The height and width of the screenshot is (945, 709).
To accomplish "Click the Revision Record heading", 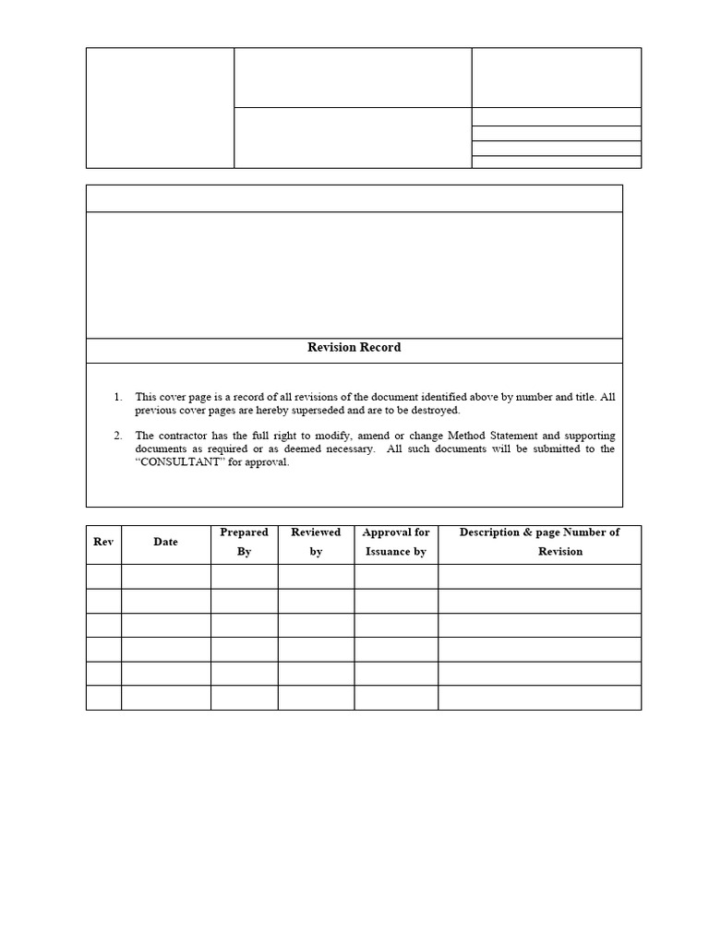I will (x=354, y=348).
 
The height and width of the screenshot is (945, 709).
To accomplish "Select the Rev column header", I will (x=103, y=542).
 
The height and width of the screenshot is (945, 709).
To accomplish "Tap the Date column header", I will (x=165, y=542).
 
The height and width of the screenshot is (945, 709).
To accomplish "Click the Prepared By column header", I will (x=244, y=542).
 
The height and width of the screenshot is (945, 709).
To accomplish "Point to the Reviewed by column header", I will (x=316, y=542).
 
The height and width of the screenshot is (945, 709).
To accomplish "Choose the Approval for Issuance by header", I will (x=395, y=542).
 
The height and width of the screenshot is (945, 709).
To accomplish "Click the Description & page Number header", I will (x=539, y=542).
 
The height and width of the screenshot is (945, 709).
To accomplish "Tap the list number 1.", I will (x=117, y=397).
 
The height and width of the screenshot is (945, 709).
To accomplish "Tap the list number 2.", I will (x=117, y=436).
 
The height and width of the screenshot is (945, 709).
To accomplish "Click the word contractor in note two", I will (x=185, y=436).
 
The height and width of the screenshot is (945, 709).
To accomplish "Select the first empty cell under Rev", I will (x=103, y=577).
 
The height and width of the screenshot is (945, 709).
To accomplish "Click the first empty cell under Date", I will (x=165, y=577).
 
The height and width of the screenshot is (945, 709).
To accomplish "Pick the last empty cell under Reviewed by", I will (x=316, y=698).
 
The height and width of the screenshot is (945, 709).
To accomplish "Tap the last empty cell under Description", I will (x=539, y=698).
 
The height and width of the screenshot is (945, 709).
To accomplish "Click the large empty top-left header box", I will (x=160, y=108).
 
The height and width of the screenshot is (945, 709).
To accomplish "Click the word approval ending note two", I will (x=268, y=462).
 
